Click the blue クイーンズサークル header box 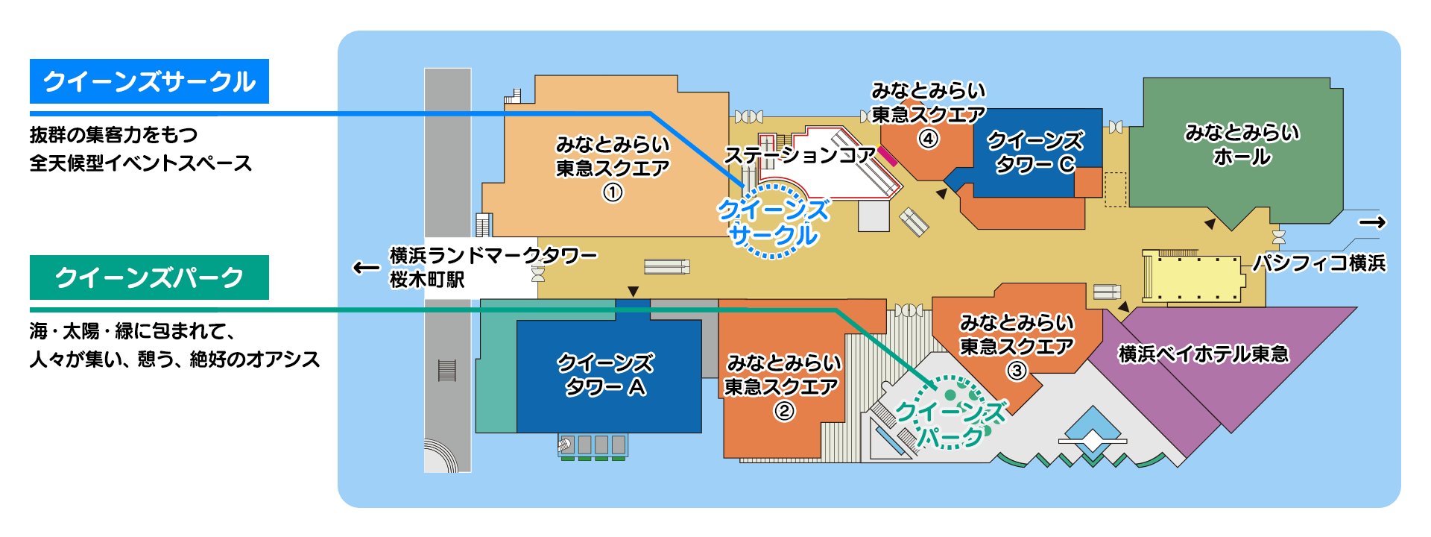point(149,81)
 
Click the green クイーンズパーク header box point(149,277)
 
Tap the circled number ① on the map point(613,193)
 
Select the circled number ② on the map point(784,411)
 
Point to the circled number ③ point(1017,371)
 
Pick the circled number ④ point(928,139)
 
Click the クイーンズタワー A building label point(606,375)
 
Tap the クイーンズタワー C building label point(1035,152)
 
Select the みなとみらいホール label point(1242,145)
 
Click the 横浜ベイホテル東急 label point(1203,354)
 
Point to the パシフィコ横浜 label point(1318,263)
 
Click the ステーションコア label point(800,155)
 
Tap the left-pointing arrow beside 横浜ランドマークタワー point(365,267)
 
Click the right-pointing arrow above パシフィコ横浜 point(1371,222)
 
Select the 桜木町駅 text point(427,280)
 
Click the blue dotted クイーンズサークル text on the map point(774,222)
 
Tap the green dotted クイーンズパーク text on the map point(950,423)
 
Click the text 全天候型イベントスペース point(141,163)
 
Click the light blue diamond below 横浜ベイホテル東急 point(1093,431)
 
